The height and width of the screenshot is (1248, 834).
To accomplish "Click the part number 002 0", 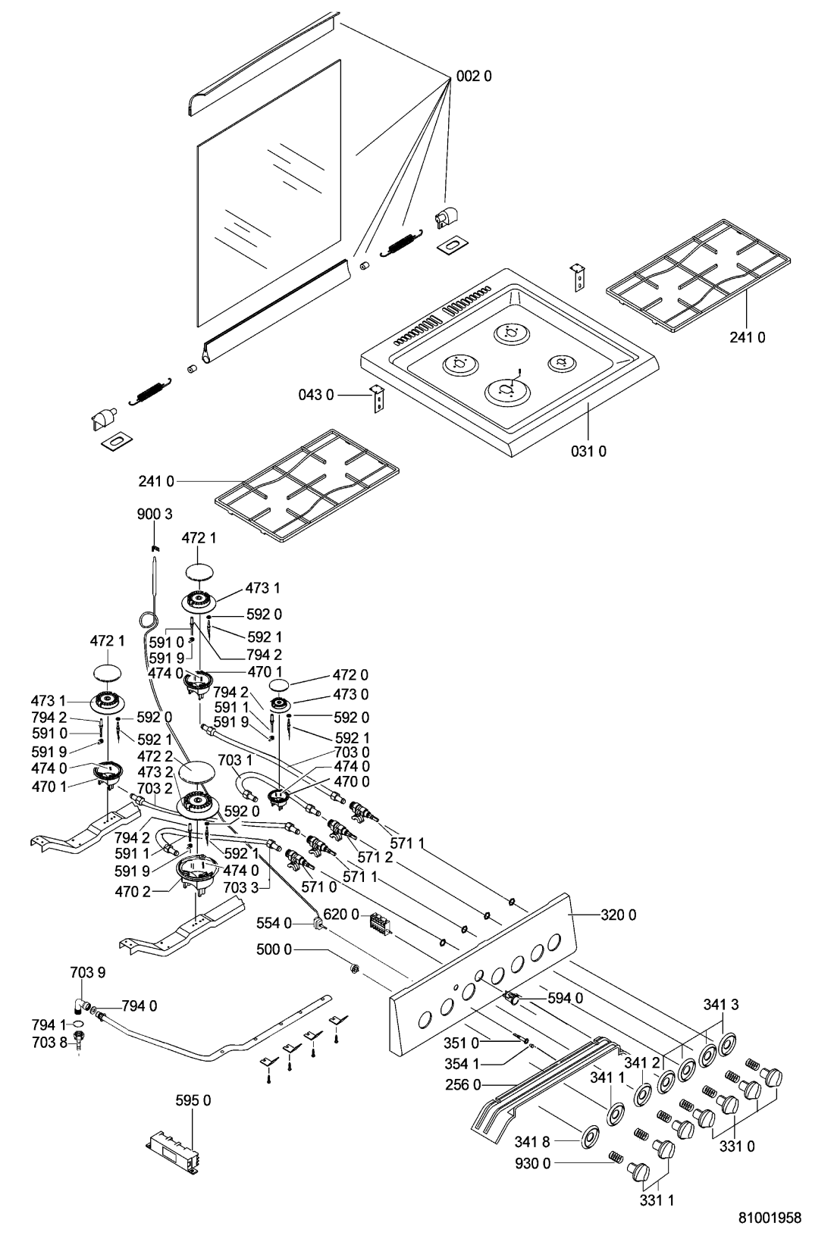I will click(474, 76).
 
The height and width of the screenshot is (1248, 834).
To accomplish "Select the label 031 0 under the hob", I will click(588, 452).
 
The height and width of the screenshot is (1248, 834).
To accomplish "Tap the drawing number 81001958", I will click(770, 1218).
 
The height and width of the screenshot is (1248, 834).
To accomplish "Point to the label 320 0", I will click(618, 915).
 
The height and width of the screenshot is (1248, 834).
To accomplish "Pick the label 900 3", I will click(155, 514).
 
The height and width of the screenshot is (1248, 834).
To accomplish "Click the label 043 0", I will click(316, 395).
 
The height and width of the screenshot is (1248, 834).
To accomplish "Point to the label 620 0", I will click(341, 915).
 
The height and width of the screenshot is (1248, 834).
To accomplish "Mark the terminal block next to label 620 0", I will click(379, 922).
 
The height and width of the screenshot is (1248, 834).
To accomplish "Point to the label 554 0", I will click(278, 923).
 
